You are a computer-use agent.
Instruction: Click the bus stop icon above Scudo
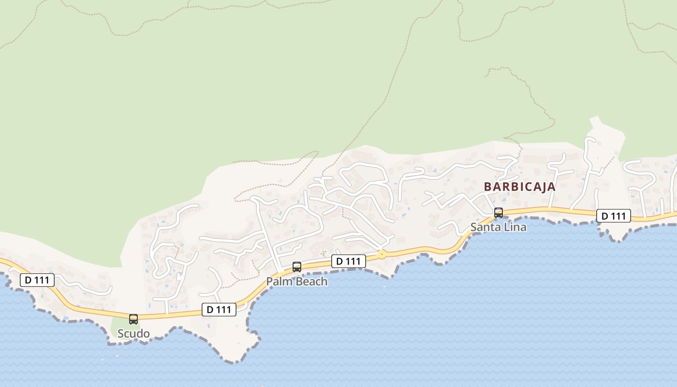[x=133, y=319]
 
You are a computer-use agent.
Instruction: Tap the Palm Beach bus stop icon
[x=297, y=267]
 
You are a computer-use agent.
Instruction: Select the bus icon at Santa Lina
[x=499, y=213]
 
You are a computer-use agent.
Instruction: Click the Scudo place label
[x=133, y=334]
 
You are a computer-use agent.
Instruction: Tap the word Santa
[x=485, y=227]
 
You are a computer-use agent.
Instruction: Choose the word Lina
[x=515, y=227]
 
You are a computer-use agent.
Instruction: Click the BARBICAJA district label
[x=520, y=187]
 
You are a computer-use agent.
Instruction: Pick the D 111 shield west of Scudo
[x=37, y=280]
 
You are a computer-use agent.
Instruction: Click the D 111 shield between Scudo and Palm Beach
[x=219, y=310]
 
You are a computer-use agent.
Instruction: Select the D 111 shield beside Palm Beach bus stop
[x=349, y=261]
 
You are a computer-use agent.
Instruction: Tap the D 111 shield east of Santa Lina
[x=614, y=216]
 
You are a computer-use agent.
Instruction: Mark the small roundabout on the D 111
[x=382, y=254]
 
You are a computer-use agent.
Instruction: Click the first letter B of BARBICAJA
[x=487, y=187]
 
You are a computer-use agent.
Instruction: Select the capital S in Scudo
[x=121, y=334]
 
